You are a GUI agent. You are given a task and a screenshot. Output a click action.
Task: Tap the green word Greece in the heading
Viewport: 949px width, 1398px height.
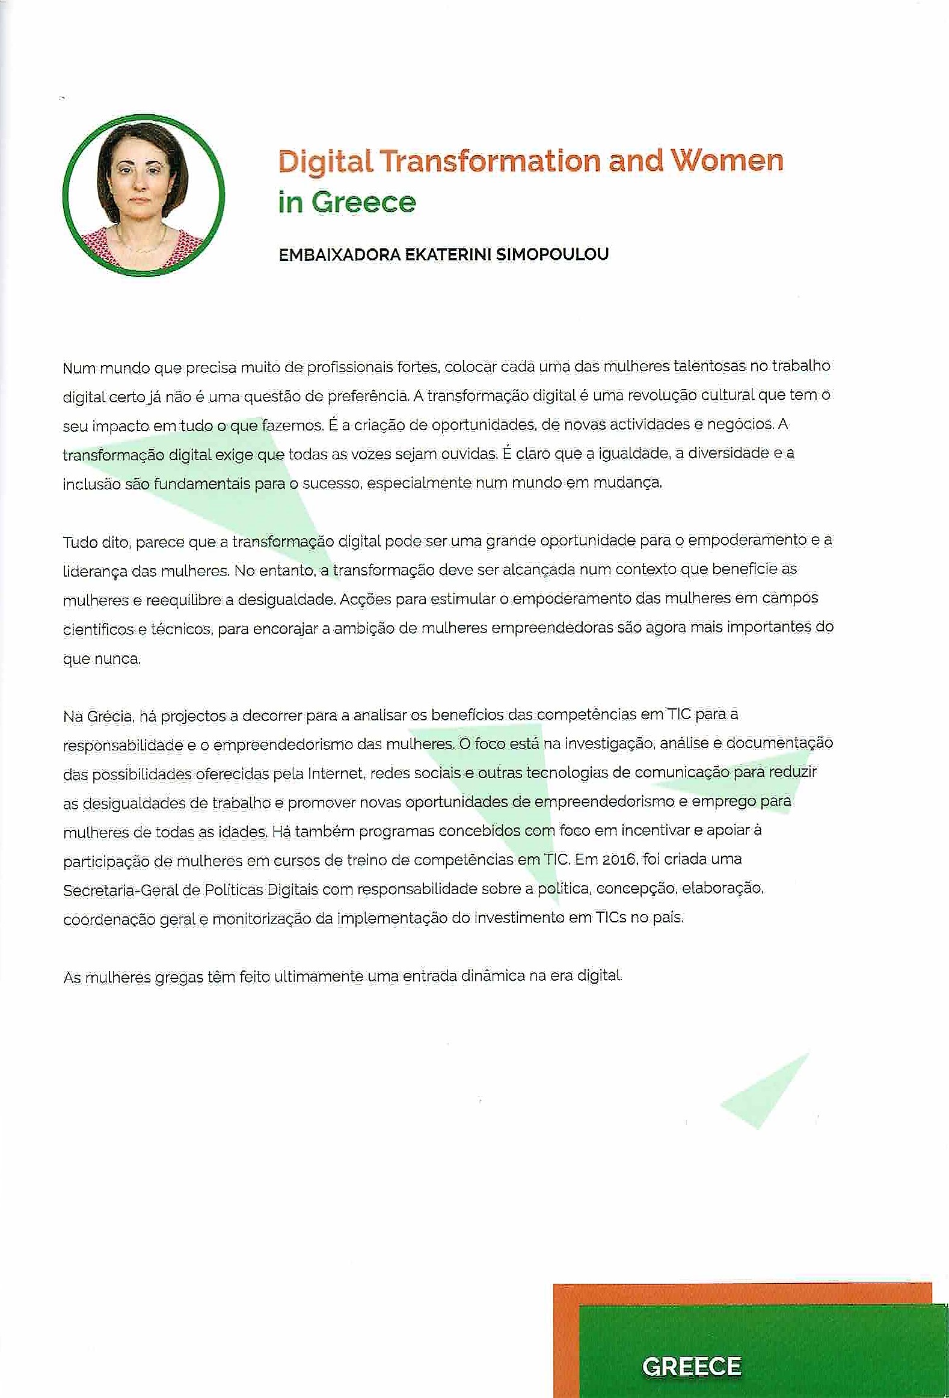point(363,202)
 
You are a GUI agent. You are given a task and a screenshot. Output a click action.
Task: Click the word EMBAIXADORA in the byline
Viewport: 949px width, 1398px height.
point(339,255)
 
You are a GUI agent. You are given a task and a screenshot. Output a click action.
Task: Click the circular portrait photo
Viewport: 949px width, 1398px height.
point(144,195)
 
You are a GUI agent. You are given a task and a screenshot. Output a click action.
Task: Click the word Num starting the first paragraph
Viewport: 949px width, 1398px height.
point(79,368)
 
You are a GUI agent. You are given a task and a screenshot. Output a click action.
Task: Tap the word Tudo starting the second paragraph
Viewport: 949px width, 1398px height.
point(79,542)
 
